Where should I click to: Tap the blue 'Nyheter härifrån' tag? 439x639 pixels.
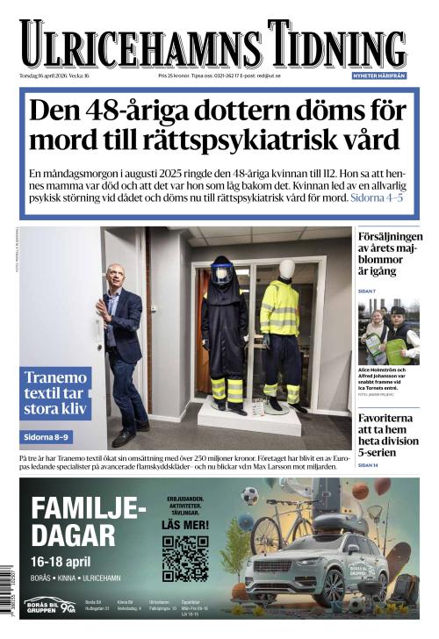(x=380, y=75)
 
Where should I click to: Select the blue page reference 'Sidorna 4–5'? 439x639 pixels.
(x=377, y=198)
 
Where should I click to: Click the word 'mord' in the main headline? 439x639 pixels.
(x=55, y=139)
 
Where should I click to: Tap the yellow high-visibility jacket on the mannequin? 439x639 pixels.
(x=280, y=308)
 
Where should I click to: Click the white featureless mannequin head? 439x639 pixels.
(x=286, y=269)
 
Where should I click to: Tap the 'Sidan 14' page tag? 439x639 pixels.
(x=368, y=464)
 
